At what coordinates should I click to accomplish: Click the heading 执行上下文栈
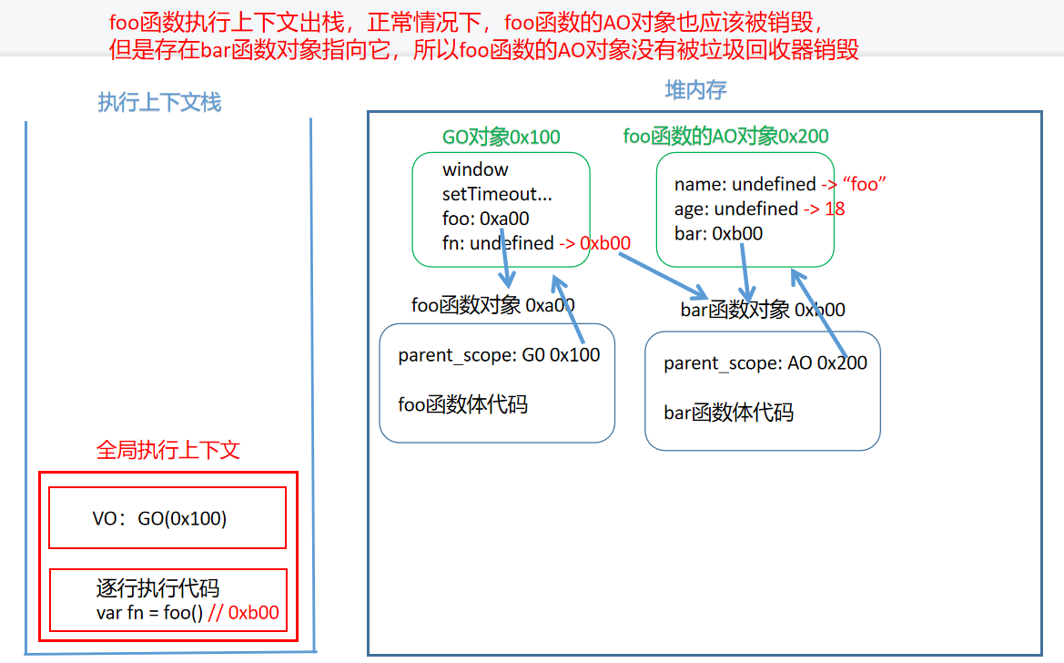pos(159,102)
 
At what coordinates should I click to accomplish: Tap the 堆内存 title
pos(696,89)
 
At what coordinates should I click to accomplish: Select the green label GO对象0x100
pos(501,137)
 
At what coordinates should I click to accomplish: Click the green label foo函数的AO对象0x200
pos(725,137)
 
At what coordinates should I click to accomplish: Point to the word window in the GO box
pos(475,169)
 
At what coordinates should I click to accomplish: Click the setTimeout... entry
pos(497,194)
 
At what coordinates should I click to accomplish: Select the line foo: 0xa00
pos(485,219)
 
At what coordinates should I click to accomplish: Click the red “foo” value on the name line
pos(865,185)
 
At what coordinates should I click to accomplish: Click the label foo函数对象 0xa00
pos(492,305)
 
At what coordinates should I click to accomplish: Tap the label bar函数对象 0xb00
pos(763,310)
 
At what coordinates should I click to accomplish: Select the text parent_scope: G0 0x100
pos(499,355)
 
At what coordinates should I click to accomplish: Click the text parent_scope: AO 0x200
pos(765,363)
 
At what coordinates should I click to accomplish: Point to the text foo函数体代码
pos(462,404)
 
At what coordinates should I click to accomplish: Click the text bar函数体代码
pos(728,413)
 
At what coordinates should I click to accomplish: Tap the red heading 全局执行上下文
pos(168,450)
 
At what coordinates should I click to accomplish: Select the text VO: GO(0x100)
pos(159,519)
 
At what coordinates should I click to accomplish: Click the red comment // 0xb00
pos(243,613)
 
